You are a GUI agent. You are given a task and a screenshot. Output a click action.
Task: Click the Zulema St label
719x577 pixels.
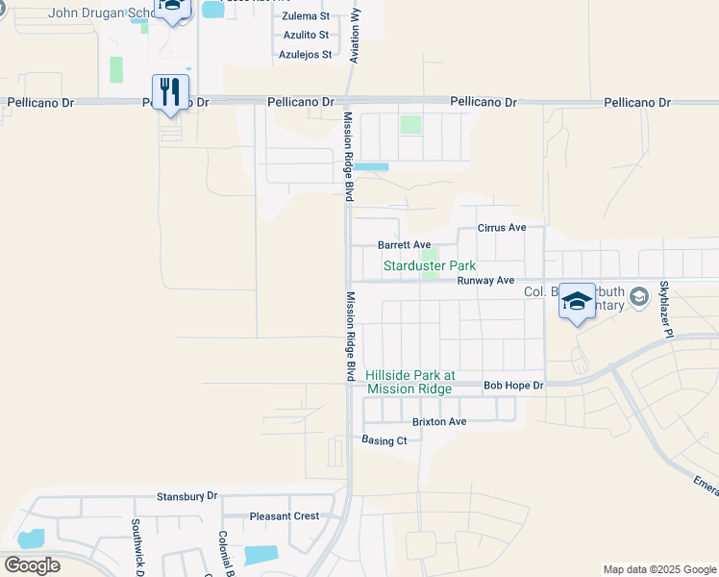[x=306, y=17]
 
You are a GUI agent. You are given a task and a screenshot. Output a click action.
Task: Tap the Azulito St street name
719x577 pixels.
[x=306, y=36]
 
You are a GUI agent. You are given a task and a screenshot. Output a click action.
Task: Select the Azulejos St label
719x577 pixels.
[x=306, y=55]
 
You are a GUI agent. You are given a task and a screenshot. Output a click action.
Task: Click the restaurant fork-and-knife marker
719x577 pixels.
[x=170, y=92]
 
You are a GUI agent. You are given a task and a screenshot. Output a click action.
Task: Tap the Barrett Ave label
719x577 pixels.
[x=404, y=246]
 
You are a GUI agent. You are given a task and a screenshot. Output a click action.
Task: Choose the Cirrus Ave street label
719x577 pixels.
[x=503, y=228]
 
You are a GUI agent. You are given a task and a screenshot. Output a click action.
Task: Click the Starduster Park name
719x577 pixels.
[x=430, y=265]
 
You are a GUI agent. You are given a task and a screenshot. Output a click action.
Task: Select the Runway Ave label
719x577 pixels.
[x=485, y=281]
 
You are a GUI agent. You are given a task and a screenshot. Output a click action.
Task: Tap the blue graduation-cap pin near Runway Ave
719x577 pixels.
[x=577, y=302]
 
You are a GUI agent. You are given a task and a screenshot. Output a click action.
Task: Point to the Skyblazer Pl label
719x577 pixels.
[x=664, y=311]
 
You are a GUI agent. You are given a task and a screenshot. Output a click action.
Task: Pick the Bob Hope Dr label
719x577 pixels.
[x=513, y=386]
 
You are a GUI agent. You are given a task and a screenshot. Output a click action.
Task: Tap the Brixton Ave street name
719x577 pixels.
[x=438, y=422]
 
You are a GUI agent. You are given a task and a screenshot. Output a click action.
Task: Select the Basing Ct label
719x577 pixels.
[x=384, y=440]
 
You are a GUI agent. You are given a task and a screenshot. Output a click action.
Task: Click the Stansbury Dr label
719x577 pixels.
[x=187, y=497]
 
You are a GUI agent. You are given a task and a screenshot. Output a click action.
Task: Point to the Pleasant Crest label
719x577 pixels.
[x=285, y=516]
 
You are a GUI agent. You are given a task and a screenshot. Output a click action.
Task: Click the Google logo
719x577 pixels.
[x=32, y=565]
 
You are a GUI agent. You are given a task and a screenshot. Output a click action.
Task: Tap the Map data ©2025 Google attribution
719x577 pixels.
[x=658, y=569]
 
